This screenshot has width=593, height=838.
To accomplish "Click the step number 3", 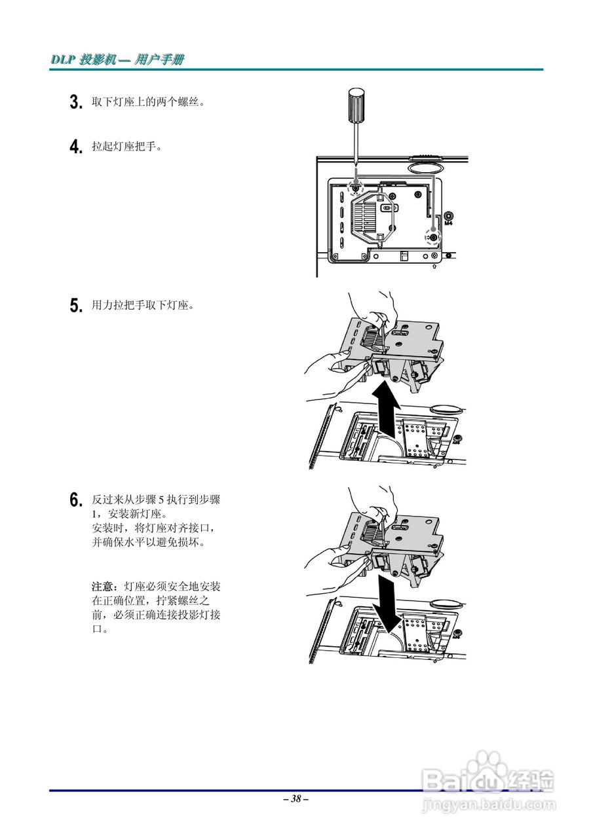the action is pyautogui.click(x=75, y=102).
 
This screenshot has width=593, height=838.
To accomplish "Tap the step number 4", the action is pyautogui.click(x=75, y=145).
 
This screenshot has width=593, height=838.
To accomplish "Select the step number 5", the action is pyautogui.click(x=75, y=305).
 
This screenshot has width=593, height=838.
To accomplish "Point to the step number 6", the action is pyautogui.click(x=75, y=500).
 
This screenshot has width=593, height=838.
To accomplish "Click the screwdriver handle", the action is pyautogui.click(x=355, y=107).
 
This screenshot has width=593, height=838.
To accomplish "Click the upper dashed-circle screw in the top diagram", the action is pyautogui.click(x=355, y=187).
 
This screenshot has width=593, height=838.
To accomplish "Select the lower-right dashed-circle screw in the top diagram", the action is pyautogui.click(x=432, y=236).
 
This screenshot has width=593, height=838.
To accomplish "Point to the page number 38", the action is pyautogui.click(x=296, y=799).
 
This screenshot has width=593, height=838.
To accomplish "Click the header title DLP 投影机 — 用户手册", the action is pyautogui.click(x=117, y=60).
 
